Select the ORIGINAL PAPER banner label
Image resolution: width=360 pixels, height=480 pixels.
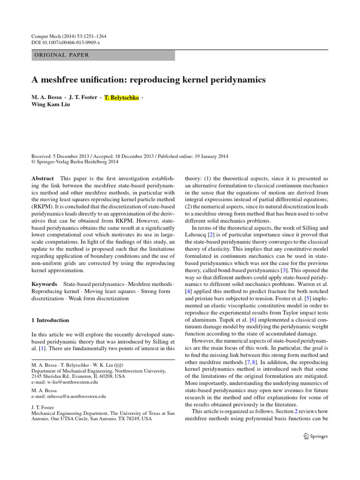(x=61, y=55)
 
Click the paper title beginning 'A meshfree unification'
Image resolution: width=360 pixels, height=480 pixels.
(x=148, y=80)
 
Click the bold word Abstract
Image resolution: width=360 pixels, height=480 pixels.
(x=43, y=179)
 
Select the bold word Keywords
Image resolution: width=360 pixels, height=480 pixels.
(x=45, y=284)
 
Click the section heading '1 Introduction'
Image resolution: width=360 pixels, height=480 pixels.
(x=50, y=320)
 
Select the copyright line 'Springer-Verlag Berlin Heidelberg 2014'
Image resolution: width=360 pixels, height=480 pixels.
(x=77, y=162)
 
